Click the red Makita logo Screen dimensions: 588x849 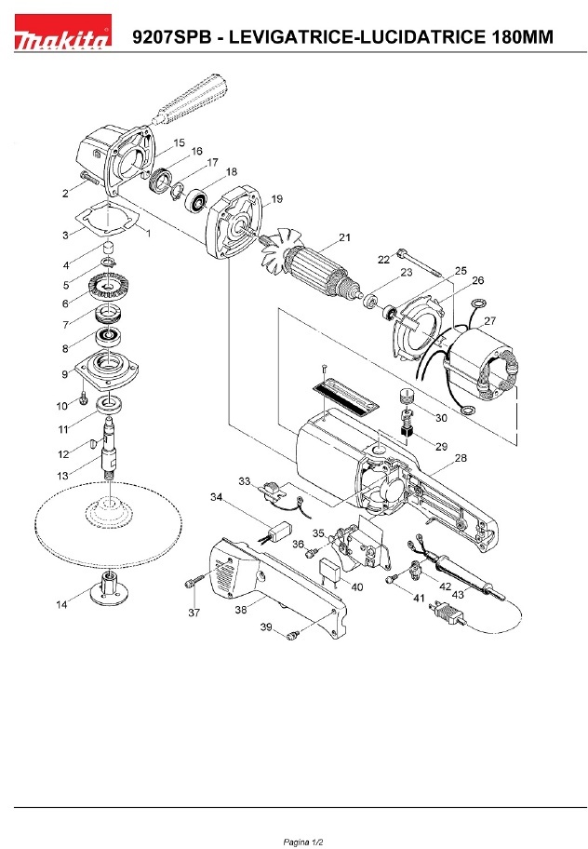63,32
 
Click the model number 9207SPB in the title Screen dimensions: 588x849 171,37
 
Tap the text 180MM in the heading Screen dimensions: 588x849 523,37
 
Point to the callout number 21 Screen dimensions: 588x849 344,237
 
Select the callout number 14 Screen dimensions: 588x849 61,604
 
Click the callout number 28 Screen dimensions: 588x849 461,458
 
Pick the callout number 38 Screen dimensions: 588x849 241,610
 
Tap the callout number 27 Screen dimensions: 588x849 489,320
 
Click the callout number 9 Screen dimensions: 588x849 65,373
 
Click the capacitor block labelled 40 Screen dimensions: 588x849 331,572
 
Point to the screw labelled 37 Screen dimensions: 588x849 195,581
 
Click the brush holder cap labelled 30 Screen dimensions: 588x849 408,397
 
